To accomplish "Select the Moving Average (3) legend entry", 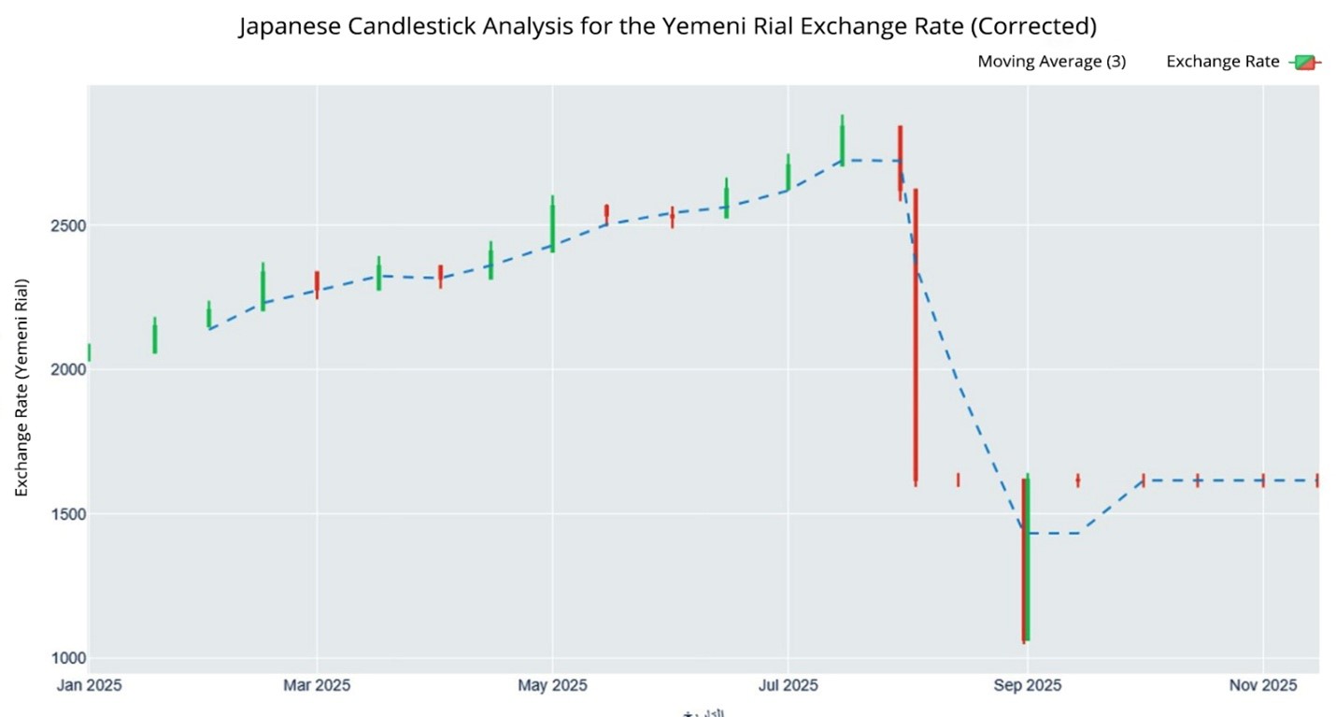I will coord(1051,62).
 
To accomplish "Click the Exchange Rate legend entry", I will coord(1223,62).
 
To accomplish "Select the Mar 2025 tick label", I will coord(317,686).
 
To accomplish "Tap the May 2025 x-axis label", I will coord(552,686).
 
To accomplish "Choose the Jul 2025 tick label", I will coord(788,686).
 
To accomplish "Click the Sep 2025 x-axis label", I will coord(1027,686).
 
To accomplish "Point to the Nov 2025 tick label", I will coord(1262,686).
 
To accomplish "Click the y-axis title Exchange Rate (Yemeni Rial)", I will coord(21,387).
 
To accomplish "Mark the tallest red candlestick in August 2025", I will coord(916,337).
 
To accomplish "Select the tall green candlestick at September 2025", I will coord(1028,561).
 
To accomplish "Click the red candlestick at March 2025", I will coord(317,284).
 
